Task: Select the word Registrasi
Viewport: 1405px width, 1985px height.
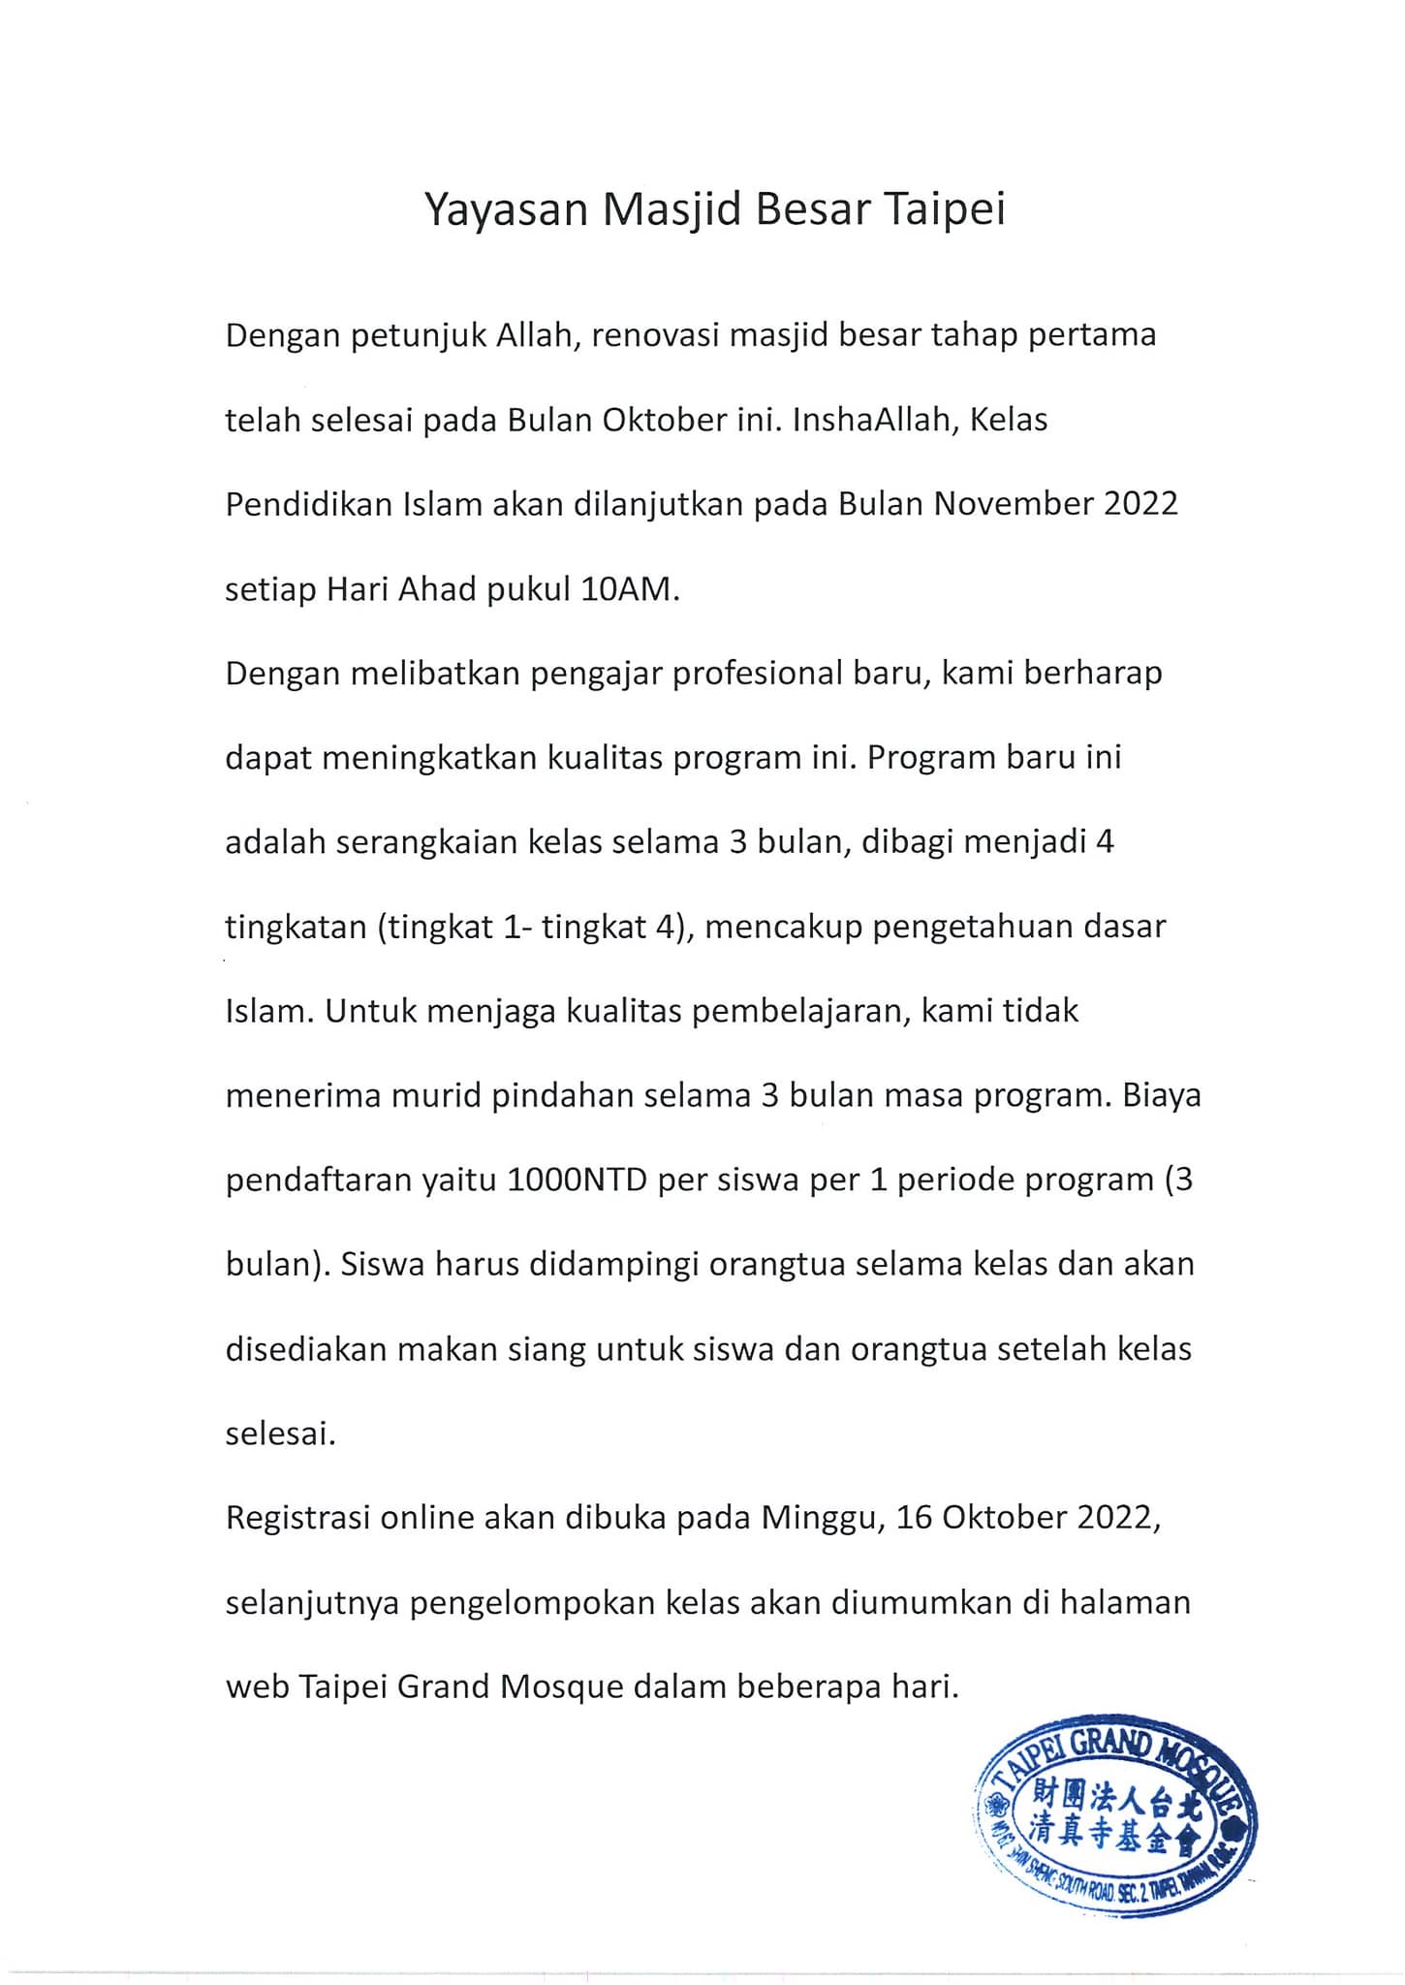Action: [x=297, y=1518]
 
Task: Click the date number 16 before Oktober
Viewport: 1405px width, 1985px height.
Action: [x=914, y=1518]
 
